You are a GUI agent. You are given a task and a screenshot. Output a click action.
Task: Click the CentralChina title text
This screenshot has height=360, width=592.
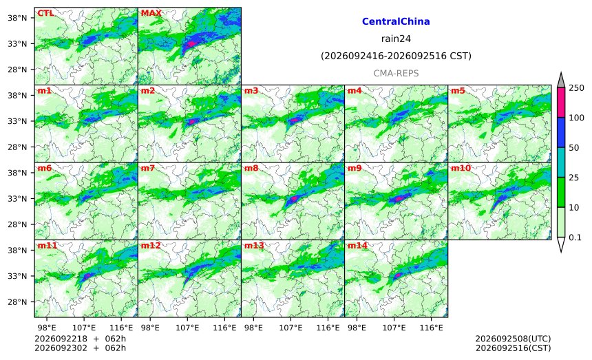pos(396,21)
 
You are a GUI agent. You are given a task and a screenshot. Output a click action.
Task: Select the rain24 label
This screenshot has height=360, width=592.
pos(396,39)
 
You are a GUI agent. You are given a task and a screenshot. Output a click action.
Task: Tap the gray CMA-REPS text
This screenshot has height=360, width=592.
pos(396,73)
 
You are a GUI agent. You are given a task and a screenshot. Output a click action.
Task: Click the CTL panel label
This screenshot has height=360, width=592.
pos(45,13)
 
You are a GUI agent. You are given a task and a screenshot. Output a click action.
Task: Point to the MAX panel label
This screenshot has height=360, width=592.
pos(151,13)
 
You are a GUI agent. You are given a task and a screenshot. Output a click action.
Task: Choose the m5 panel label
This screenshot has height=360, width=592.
pos(458,91)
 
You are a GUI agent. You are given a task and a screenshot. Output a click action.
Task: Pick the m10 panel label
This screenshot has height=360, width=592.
pos(461,168)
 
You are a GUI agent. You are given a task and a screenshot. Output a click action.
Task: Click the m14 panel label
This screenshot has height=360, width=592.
pos(357,246)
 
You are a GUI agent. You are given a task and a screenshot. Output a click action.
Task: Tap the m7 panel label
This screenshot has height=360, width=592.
pos(147,168)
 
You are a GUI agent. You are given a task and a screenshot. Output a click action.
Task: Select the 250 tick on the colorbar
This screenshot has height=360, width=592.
pos(577,88)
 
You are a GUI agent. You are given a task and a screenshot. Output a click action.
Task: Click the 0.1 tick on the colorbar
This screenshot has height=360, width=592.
pos(575,237)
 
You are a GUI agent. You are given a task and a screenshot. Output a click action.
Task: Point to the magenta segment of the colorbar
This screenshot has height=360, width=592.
pos(561,103)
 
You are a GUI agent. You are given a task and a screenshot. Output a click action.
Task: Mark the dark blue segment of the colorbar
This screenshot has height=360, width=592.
pos(561,132)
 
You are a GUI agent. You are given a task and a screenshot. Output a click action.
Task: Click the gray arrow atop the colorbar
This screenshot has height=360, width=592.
pos(561,81)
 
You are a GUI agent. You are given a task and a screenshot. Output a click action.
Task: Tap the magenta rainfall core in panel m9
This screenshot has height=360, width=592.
pos(398,198)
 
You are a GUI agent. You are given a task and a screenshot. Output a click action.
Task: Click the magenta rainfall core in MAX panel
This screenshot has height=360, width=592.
pos(191,44)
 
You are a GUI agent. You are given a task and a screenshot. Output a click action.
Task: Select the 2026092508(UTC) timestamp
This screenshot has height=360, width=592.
pos(513,339)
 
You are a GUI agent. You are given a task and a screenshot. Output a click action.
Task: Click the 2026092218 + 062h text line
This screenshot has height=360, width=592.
pos(80,339)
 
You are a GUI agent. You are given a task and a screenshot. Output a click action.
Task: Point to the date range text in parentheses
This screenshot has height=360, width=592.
pos(396,56)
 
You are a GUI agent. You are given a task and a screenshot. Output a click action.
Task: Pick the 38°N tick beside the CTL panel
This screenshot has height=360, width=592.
pos(17,18)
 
